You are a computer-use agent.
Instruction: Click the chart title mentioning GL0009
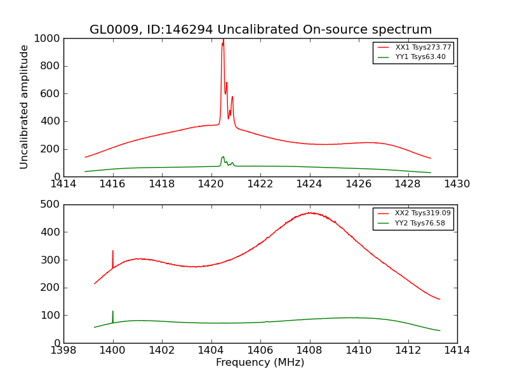pos(260,30)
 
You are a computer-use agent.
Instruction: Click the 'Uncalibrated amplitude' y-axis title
pos(25,107)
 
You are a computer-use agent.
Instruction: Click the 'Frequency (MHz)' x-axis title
pos(260,363)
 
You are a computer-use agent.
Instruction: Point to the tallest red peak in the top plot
pos(223,41)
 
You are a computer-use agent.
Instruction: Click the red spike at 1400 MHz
pos(112,252)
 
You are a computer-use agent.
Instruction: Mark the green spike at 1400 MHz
pos(112,312)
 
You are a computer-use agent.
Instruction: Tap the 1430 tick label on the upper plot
pos(457,184)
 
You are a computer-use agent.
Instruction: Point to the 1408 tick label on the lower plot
pos(309,350)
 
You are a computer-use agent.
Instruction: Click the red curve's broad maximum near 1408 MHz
pos(310,213)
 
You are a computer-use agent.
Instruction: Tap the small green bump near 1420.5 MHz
pos(223,157)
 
